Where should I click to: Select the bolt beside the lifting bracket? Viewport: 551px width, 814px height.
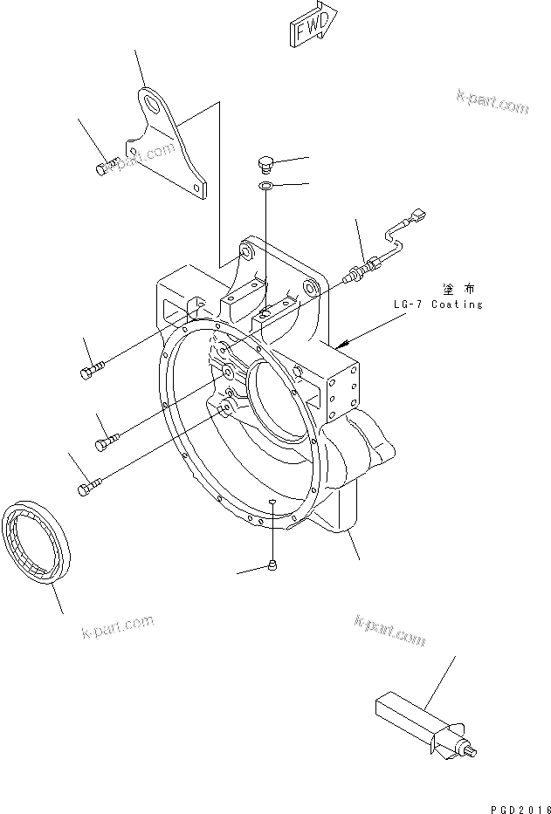click(x=107, y=164)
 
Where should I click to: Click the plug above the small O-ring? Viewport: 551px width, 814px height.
click(x=267, y=163)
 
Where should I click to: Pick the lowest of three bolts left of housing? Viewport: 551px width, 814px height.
click(x=90, y=488)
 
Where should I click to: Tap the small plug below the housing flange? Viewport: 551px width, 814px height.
click(x=274, y=564)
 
